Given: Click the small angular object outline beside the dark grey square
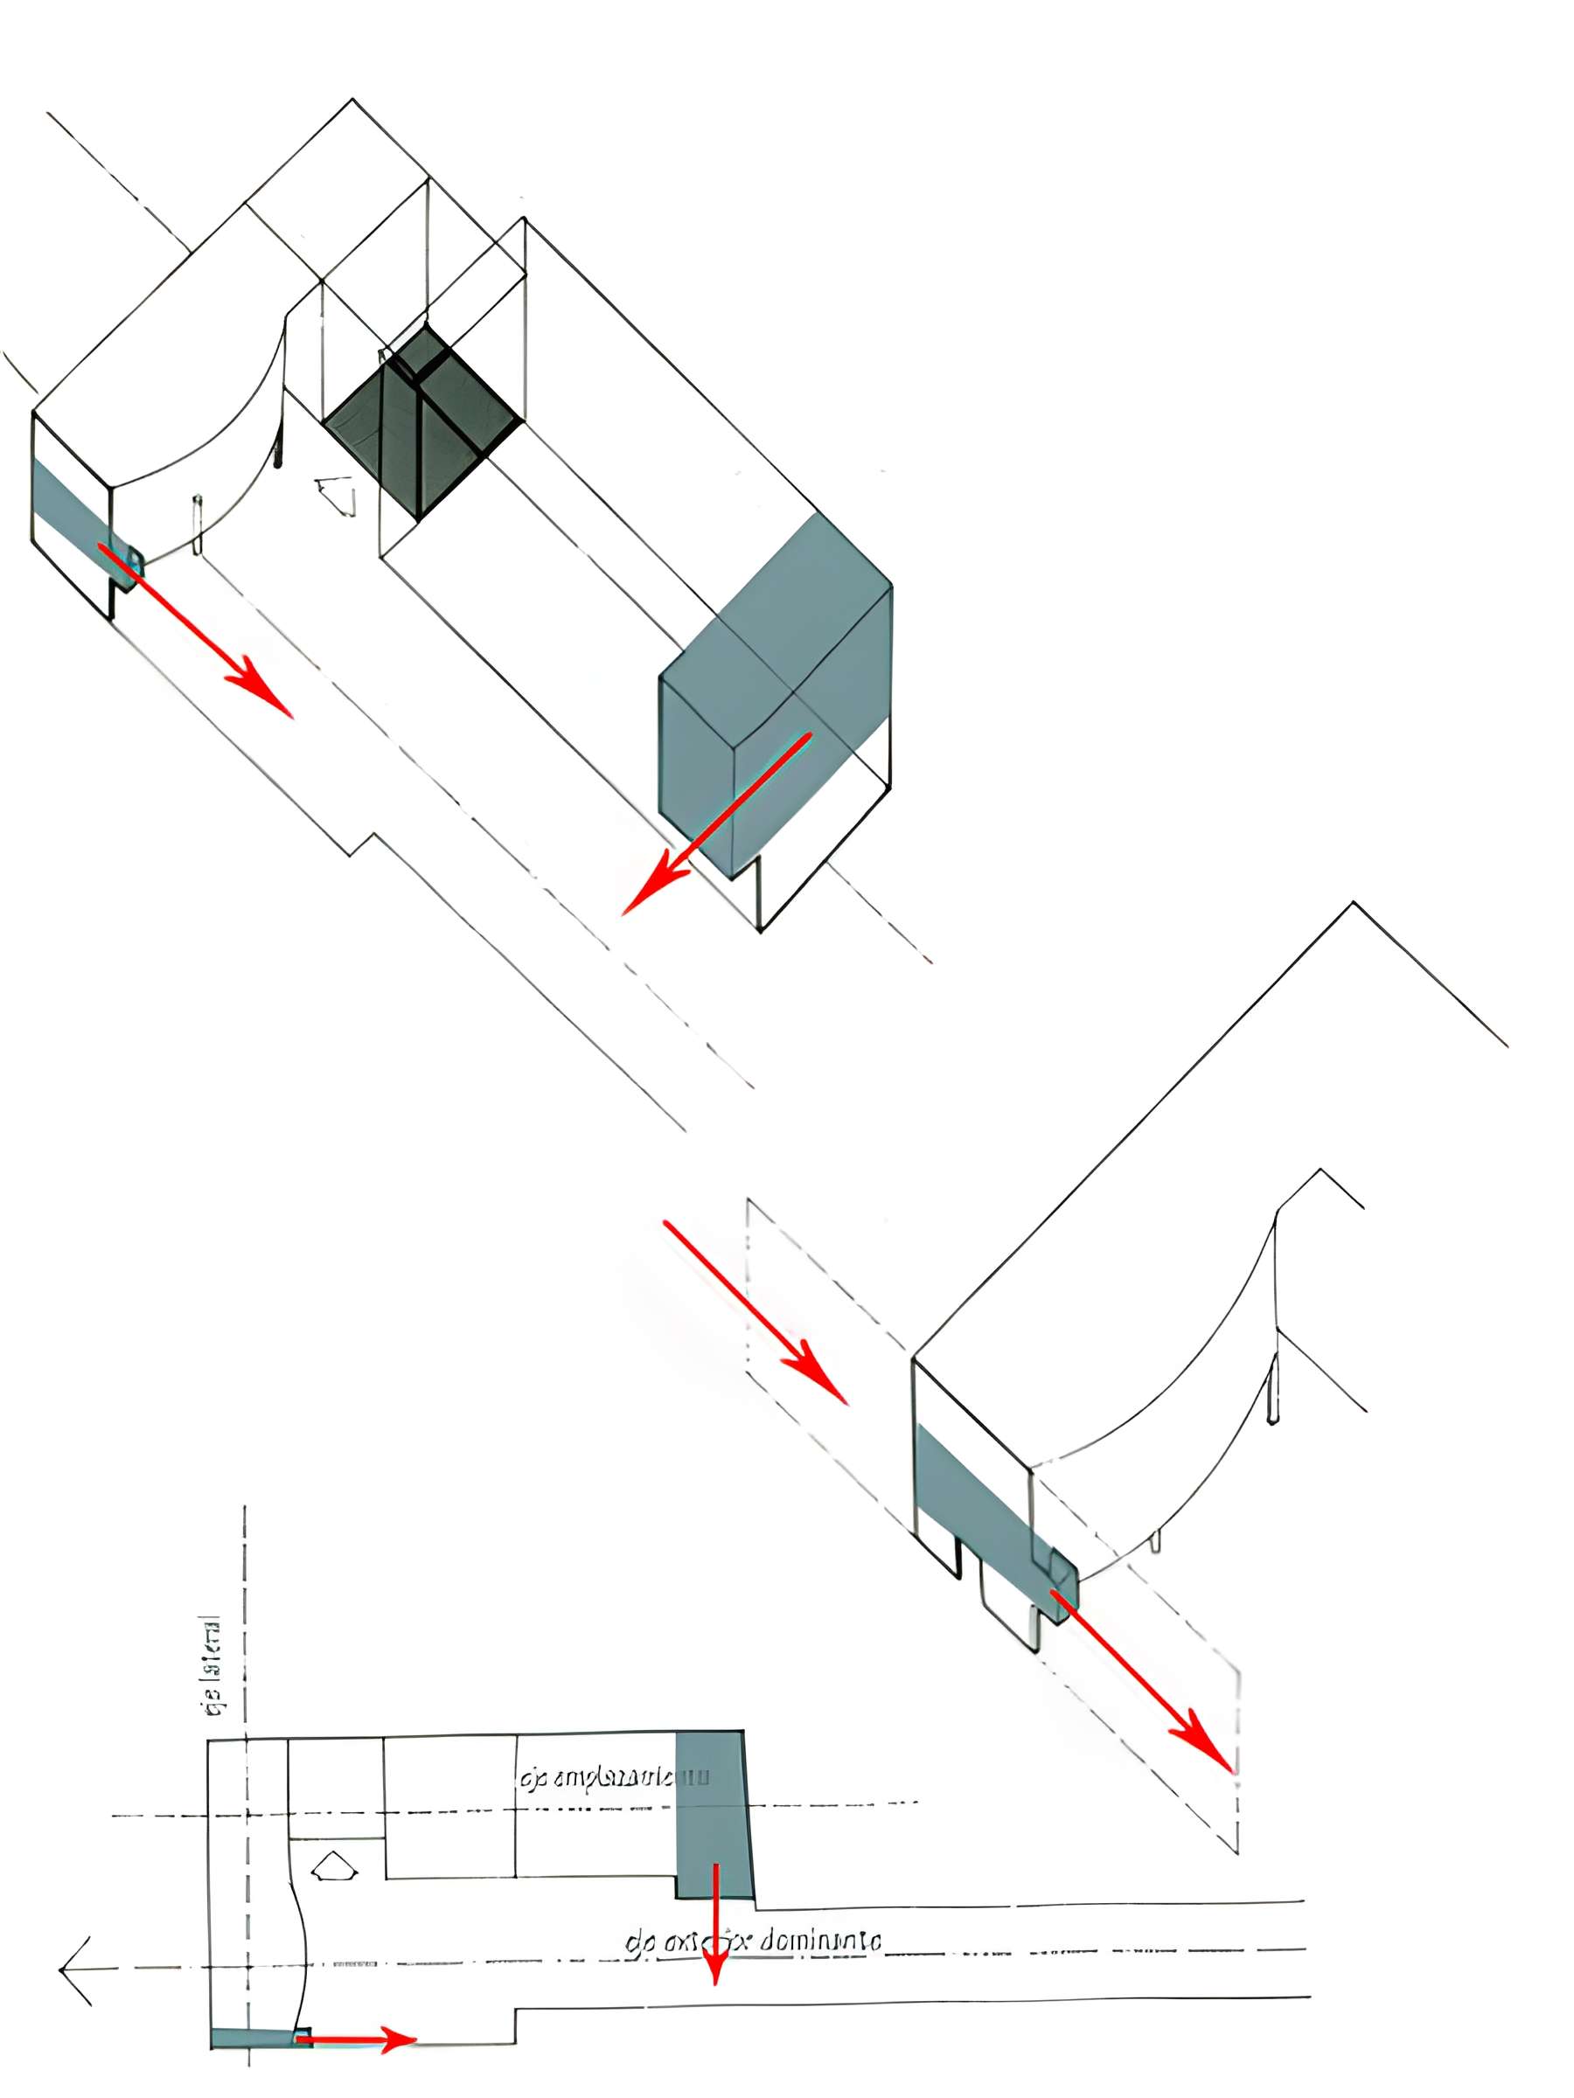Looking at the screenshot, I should pos(337,493).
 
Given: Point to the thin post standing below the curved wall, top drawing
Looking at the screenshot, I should pos(198,524).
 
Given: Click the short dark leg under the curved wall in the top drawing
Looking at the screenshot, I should pos(278,450).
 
